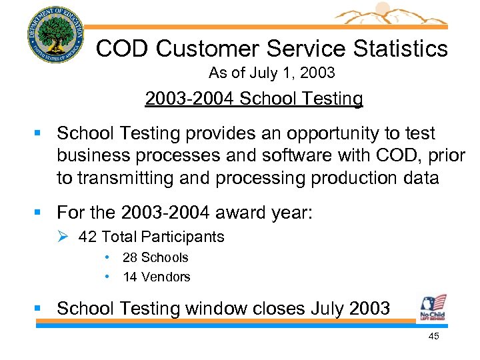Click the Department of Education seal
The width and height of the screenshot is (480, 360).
(57, 35)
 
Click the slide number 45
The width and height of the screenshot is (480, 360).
(433, 337)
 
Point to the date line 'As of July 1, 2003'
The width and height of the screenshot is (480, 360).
(271, 73)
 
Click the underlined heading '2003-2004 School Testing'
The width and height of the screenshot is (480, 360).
(254, 99)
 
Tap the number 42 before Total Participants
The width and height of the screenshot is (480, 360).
(87, 237)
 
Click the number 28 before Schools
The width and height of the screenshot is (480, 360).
(130, 257)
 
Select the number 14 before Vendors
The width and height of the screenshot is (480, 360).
(130, 277)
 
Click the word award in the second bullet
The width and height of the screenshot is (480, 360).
(239, 213)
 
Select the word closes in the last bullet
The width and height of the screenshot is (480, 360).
(273, 308)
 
